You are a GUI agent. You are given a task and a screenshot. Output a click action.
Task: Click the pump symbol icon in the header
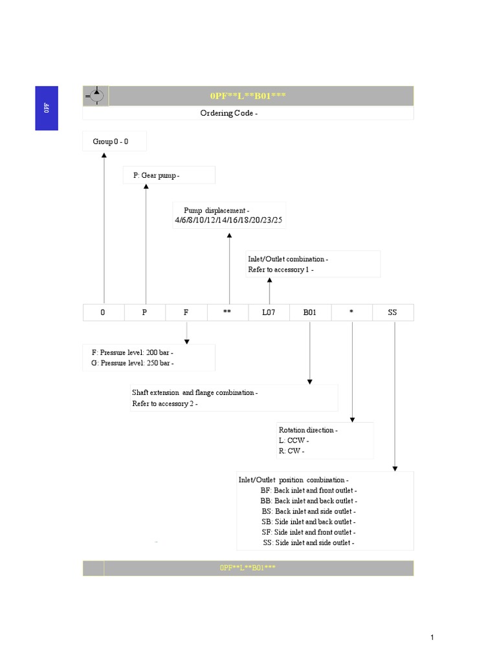point(96,96)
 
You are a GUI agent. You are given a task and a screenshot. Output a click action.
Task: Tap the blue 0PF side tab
point(47,108)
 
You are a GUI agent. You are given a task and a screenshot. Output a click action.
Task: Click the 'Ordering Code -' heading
point(229,113)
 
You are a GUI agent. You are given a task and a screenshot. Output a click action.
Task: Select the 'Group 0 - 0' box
point(115,141)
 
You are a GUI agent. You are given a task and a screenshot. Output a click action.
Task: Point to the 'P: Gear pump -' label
point(156,176)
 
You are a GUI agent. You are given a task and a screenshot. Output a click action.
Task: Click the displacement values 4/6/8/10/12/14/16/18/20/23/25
point(228,220)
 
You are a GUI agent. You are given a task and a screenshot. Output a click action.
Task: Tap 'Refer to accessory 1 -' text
point(281,270)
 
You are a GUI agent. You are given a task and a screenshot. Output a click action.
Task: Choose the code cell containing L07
point(269,313)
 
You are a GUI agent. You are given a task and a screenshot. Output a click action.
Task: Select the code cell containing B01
point(310,313)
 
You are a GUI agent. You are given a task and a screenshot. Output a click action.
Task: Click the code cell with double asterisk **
point(227,313)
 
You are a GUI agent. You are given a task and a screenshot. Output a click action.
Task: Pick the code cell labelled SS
point(392,313)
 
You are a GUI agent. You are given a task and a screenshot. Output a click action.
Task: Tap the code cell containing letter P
point(145,313)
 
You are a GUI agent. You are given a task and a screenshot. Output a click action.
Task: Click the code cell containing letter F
point(186,313)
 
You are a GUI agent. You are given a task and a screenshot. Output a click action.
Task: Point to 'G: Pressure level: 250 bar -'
point(133,363)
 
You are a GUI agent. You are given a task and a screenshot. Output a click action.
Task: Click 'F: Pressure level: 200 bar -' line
point(133,353)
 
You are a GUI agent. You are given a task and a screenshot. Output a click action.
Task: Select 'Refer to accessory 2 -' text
point(164,403)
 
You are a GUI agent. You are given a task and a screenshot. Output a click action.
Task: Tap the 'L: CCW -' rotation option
point(294,440)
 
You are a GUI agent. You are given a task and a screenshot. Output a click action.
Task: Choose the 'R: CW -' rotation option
point(291,451)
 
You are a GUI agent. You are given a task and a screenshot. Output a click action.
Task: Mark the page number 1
point(432,638)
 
